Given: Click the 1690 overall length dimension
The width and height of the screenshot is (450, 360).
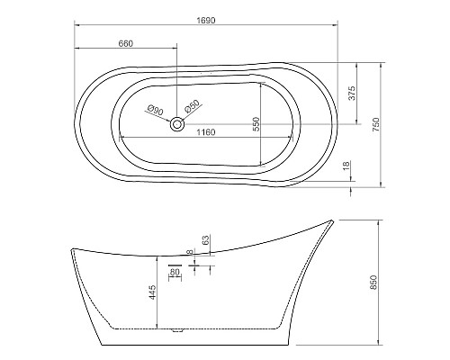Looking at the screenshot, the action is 206,21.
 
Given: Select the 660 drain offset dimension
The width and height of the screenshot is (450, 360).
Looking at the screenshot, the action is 126,43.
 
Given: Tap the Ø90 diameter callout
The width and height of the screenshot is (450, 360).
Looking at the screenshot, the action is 156,111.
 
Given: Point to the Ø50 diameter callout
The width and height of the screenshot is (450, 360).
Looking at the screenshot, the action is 193,106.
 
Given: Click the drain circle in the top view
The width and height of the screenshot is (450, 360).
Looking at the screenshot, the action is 177,123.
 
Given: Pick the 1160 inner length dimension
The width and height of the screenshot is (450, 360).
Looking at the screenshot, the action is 206,132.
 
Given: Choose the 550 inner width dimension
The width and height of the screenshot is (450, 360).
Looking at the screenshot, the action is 256,124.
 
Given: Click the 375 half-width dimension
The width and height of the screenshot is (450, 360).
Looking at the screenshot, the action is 352,93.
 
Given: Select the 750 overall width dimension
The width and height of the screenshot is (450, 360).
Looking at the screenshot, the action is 376,125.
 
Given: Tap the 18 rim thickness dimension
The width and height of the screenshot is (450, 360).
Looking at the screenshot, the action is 346,166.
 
